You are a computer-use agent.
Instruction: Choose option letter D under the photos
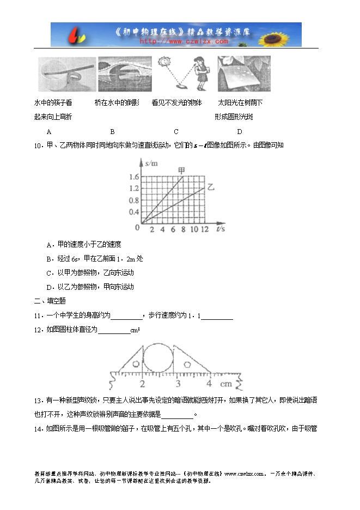[x=239, y=131]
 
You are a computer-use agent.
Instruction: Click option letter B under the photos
[x=112, y=131]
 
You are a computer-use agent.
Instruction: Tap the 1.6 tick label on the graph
[x=134, y=177]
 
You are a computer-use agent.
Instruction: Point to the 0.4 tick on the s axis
[x=134, y=212]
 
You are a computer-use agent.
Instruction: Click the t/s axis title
[x=221, y=229]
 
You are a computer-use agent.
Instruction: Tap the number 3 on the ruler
[x=175, y=384]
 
